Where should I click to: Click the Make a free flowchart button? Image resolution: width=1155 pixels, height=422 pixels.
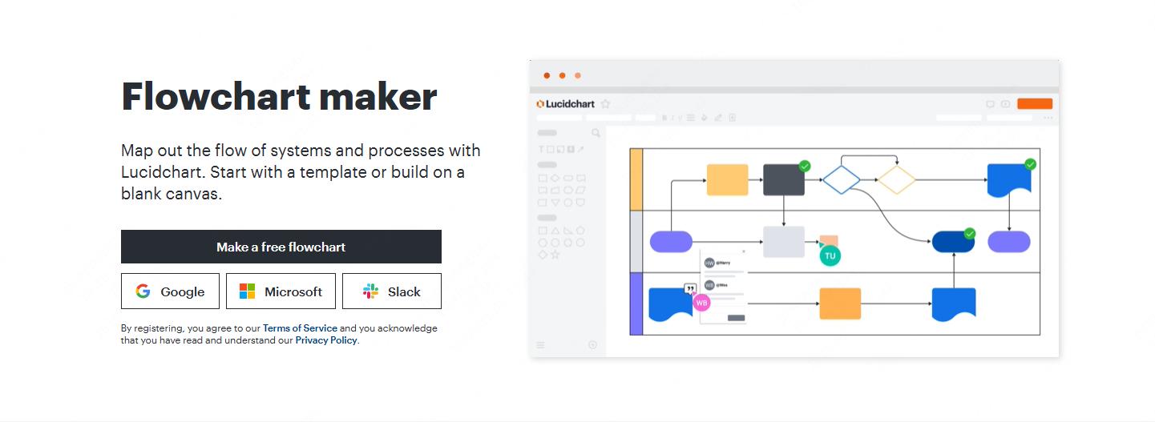point(281,247)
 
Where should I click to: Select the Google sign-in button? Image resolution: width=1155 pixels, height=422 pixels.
point(170,291)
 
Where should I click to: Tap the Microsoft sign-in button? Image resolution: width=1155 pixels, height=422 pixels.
point(281,291)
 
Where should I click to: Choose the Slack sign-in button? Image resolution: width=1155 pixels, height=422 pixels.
point(391,291)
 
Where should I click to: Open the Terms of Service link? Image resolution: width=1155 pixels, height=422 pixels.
point(300,328)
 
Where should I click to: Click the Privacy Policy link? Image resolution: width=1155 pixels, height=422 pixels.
point(326,340)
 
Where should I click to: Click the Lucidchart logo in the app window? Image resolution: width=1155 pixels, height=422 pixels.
point(566,103)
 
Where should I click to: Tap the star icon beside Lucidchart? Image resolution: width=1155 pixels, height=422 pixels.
point(606,103)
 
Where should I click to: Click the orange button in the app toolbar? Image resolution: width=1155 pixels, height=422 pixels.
point(1035,103)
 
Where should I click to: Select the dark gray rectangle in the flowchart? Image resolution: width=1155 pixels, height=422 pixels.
point(783,179)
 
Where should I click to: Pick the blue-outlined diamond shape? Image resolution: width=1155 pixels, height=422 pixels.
point(842,179)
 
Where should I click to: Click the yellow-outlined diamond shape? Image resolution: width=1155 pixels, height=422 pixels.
point(896,179)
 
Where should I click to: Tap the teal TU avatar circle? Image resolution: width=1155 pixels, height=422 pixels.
point(830,255)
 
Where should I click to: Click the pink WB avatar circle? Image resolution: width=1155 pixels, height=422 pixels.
point(701,303)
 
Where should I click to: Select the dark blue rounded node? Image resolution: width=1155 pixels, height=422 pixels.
point(953,241)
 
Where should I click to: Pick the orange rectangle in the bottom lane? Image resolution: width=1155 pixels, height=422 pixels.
point(840,303)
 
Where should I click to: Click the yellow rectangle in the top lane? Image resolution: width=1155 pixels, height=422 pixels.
point(727,179)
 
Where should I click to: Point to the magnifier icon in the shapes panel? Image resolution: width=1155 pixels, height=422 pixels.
point(596,133)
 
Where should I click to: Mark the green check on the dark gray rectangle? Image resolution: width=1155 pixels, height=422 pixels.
point(805,166)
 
